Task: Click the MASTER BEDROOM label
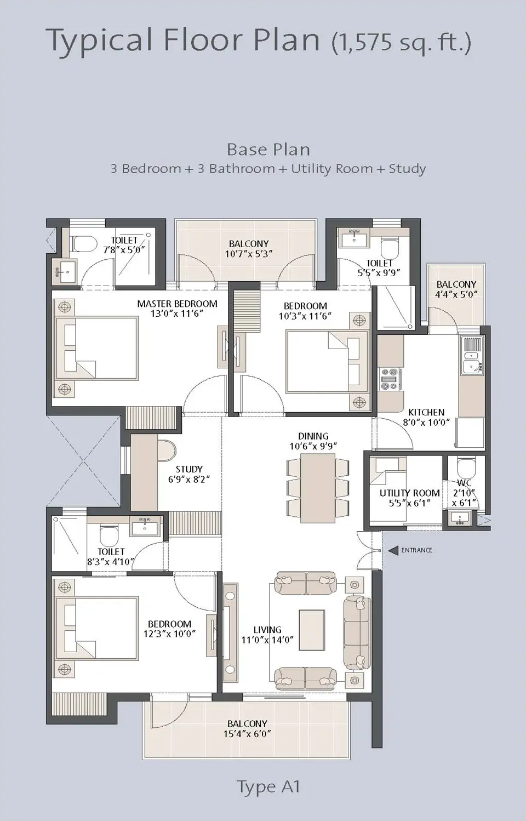coord(177,304)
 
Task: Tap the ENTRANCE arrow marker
coord(393,550)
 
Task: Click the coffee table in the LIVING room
coord(312,630)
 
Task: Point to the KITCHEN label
coord(426,412)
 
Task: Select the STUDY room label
coord(189,469)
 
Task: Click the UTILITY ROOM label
coord(409,493)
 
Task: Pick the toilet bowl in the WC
coord(466,468)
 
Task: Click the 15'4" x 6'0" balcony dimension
coord(247,734)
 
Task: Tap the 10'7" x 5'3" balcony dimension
coord(248,254)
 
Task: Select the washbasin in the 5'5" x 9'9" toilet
coord(352,238)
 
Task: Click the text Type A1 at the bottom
coord(268,786)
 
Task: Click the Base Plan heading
coord(268,149)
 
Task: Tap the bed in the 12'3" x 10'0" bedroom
coord(99,628)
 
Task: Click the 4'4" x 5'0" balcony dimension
coord(456,294)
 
